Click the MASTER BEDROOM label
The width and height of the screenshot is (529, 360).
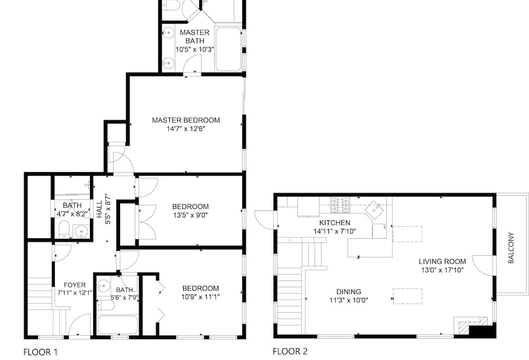pyautogui.click(x=186, y=120)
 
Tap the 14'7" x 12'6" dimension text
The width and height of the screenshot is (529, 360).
pyautogui.click(x=186, y=129)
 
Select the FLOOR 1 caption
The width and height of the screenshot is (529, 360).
pyautogui.click(x=41, y=352)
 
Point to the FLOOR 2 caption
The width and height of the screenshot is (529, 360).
pyautogui.click(x=290, y=352)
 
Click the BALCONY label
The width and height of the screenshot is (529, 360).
pyautogui.click(x=511, y=248)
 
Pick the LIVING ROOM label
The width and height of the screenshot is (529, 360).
pyautogui.click(x=442, y=262)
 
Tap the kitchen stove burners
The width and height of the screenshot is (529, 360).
pyautogui.click(x=340, y=205)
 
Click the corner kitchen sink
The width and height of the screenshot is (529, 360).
pyautogui.click(x=375, y=210)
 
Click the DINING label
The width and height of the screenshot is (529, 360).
pyautogui.click(x=349, y=292)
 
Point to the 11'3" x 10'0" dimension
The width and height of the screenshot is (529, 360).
pyautogui.click(x=349, y=300)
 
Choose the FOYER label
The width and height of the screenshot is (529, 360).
pyautogui.click(x=75, y=285)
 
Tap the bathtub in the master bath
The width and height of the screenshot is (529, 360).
pyautogui.click(x=229, y=49)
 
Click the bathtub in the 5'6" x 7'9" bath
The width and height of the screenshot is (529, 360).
pyautogui.click(x=117, y=325)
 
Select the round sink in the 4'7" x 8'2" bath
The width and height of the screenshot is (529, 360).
pyautogui.click(x=81, y=232)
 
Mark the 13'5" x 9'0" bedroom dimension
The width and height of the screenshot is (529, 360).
pyautogui.click(x=190, y=215)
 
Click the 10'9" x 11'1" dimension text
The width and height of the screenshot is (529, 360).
pyautogui.click(x=200, y=297)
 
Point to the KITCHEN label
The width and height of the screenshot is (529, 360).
pyautogui.click(x=335, y=223)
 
